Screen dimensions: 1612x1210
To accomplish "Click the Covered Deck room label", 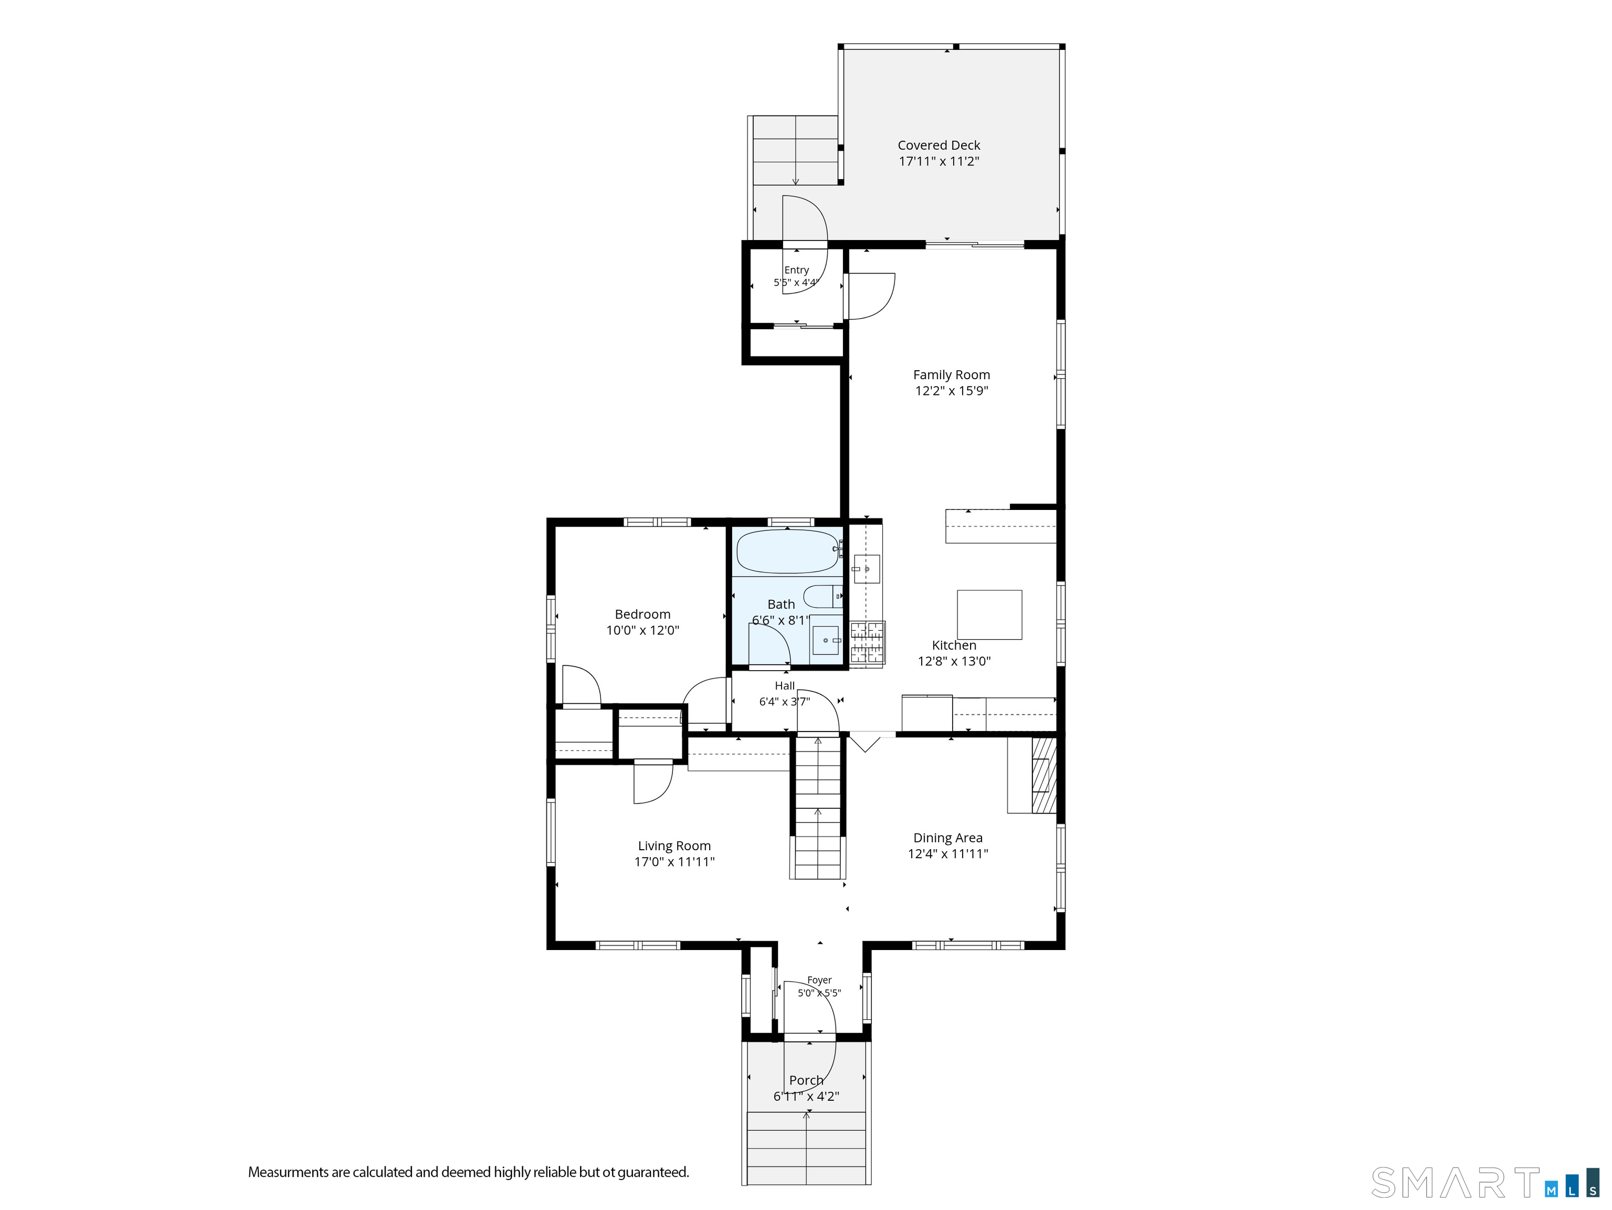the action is click(939, 145).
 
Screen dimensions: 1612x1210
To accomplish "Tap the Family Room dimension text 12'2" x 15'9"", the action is click(952, 391).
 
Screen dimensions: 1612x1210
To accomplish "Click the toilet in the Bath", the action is click(823, 596).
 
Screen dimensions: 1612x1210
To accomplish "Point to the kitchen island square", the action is click(989, 614).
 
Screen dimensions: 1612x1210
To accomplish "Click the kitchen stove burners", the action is click(867, 643).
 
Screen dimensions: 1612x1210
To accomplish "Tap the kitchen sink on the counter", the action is click(867, 569).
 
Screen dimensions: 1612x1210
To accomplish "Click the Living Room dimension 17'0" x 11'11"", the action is click(674, 862).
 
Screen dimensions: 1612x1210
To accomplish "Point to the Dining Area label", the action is click(948, 838).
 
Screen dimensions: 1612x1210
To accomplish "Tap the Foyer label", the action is click(819, 980).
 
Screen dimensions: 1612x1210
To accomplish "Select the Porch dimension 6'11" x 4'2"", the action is click(806, 1096).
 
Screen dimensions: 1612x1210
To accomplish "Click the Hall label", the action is click(785, 686).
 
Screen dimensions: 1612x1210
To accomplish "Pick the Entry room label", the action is click(796, 270).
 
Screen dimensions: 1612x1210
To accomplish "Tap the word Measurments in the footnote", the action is click(288, 1172).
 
